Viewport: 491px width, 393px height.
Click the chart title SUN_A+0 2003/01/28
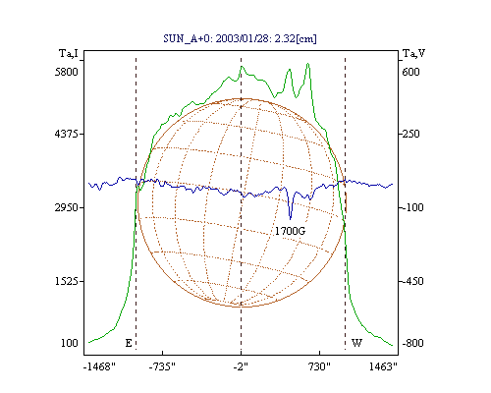point(240,38)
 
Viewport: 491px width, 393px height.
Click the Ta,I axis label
point(69,53)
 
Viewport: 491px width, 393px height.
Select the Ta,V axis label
point(413,53)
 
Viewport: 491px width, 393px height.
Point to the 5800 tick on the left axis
point(67,72)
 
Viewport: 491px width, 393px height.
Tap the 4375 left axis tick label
point(67,134)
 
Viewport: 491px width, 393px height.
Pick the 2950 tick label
point(67,207)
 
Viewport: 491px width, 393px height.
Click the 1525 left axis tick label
point(67,281)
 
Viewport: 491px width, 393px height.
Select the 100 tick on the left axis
point(70,343)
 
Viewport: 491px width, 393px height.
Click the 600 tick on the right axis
point(410,72)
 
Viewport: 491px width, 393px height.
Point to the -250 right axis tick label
point(409,134)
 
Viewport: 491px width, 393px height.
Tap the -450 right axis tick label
point(411,281)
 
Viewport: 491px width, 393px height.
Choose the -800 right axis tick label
point(412,343)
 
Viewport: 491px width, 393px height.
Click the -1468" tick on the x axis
point(99,366)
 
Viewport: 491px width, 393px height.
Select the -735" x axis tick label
point(162,366)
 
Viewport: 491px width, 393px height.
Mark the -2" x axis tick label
point(241,366)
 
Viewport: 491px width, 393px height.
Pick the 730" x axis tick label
point(318,366)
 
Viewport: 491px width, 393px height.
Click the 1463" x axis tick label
point(383,366)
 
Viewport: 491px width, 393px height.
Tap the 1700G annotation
point(290,231)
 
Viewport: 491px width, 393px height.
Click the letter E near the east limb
point(129,343)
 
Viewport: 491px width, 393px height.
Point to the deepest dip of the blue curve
point(290,218)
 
